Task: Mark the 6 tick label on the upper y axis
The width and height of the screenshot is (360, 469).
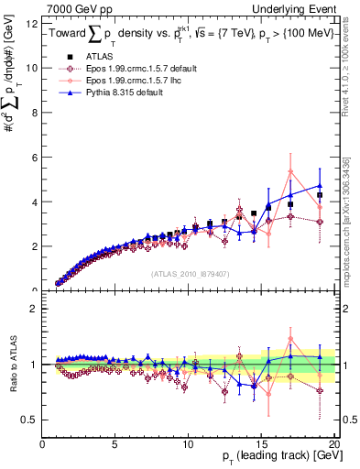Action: [x=35, y=158]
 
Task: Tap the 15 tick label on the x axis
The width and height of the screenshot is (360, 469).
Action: [x=261, y=444]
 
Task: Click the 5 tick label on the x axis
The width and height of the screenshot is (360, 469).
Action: [x=115, y=444]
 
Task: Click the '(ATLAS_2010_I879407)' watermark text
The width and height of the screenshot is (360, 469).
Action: [x=191, y=272]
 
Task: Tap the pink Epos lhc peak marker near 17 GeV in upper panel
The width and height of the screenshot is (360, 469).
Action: [x=290, y=171]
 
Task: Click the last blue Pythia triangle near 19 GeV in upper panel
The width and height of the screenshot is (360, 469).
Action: [x=320, y=185]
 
